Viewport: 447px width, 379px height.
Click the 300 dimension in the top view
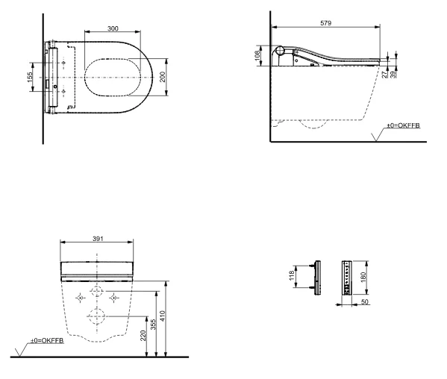click(113, 28)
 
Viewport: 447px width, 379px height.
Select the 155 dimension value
click(30, 78)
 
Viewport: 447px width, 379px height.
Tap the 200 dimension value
click(162, 77)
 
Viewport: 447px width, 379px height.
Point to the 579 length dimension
click(325, 23)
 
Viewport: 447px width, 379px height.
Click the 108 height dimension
click(257, 55)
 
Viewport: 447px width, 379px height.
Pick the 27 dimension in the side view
click(385, 75)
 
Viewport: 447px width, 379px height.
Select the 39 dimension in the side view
click(393, 75)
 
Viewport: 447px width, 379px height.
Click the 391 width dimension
click(98, 239)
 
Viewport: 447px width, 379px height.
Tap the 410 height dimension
click(162, 316)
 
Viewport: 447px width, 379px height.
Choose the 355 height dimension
click(153, 325)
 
